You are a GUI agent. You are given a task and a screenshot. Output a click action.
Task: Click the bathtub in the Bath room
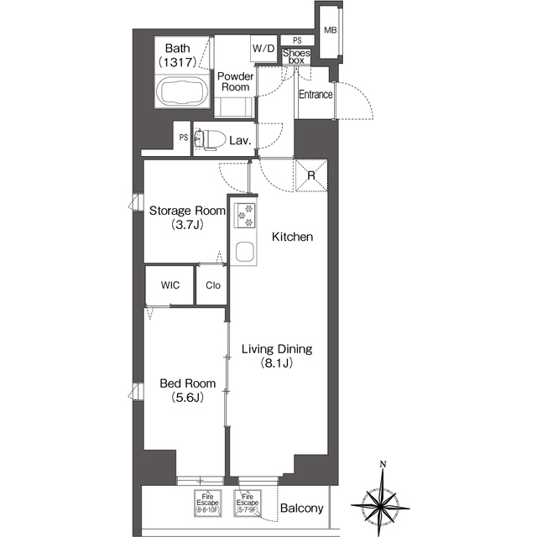[x=182, y=91]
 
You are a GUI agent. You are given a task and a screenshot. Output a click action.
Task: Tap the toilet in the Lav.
[x=210, y=139]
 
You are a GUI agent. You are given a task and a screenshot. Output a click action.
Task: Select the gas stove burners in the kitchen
[x=244, y=216]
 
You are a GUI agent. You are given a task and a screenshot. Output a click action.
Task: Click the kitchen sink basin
[x=245, y=252]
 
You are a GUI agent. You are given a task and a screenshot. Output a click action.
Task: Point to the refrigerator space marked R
[x=311, y=175]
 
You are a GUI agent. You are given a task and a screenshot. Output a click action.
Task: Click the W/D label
[x=263, y=49]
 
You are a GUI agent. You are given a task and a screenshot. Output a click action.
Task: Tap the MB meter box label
[x=330, y=30]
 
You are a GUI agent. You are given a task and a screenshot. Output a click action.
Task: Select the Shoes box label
[x=296, y=56]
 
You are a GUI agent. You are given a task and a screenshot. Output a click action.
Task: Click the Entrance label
[x=315, y=94]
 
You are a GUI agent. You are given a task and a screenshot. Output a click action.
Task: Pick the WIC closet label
[x=170, y=285]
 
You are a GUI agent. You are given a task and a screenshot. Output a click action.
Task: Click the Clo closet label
[x=213, y=285]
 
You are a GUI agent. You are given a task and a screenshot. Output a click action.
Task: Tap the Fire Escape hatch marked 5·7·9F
[x=248, y=503]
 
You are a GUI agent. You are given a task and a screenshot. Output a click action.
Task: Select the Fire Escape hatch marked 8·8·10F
[x=207, y=503]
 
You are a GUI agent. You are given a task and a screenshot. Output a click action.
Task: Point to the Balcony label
[x=301, y=508]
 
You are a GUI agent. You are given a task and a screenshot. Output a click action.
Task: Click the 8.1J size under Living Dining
[x=277, y=362]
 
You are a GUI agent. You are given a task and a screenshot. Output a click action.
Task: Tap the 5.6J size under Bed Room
[x=188, y=397]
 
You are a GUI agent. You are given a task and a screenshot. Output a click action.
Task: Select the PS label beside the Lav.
[x=184, y=138]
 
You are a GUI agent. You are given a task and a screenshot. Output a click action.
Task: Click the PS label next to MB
[x=297, y=40]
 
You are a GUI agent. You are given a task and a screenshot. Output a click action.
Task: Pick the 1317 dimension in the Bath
[x=177, y=62]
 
